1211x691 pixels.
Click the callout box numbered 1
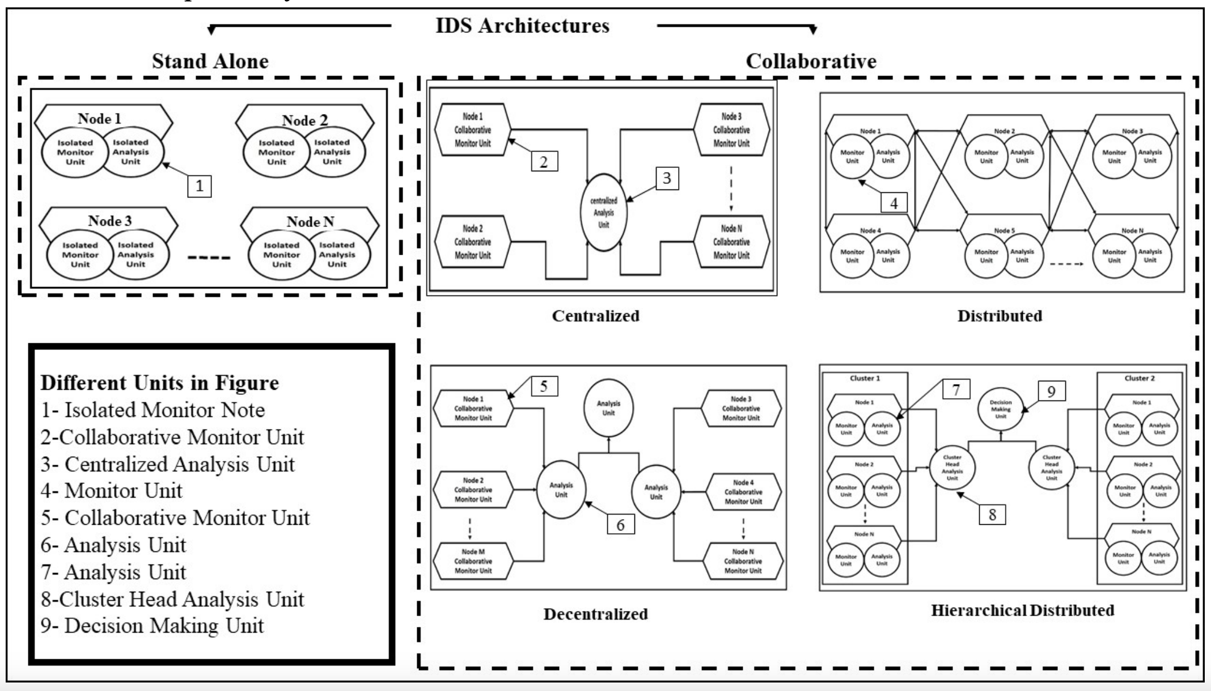(x=199, y=186)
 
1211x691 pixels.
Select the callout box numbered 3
(x=667, y=178)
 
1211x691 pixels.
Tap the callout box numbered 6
(x=620, y=524)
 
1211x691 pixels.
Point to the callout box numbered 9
(x=1051, y=392)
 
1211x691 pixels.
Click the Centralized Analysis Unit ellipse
(x=604, y=213)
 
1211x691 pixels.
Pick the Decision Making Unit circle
(x=1001, y=408)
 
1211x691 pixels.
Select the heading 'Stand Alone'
(x=210, y=61)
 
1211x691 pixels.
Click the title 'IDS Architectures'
(x=522, y=26)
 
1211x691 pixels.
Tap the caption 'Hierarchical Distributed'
(x=1022, y=610)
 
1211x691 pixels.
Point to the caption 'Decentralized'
(x=595, y=614)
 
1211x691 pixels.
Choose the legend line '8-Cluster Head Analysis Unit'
(x=172, y=599)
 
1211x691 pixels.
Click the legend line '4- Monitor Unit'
(x=112, y=491)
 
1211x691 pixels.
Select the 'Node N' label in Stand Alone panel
(x=310, y=222)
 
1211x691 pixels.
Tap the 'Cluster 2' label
(x=1139, y=378)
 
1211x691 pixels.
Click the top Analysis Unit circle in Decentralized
(x=608, y=408)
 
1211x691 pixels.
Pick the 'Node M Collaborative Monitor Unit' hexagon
(x=473, y=561)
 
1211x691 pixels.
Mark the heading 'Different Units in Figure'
(x=159, y=383)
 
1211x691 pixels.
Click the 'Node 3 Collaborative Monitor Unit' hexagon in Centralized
(x=731, y=130)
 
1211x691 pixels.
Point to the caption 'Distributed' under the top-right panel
(x=1000, y=316)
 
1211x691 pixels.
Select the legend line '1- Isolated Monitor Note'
(x=153, y=410)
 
